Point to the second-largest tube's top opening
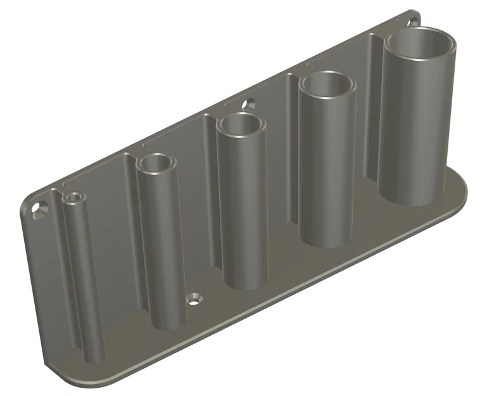[x=327, y=84]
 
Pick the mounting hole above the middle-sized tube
[x=249, y=103]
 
